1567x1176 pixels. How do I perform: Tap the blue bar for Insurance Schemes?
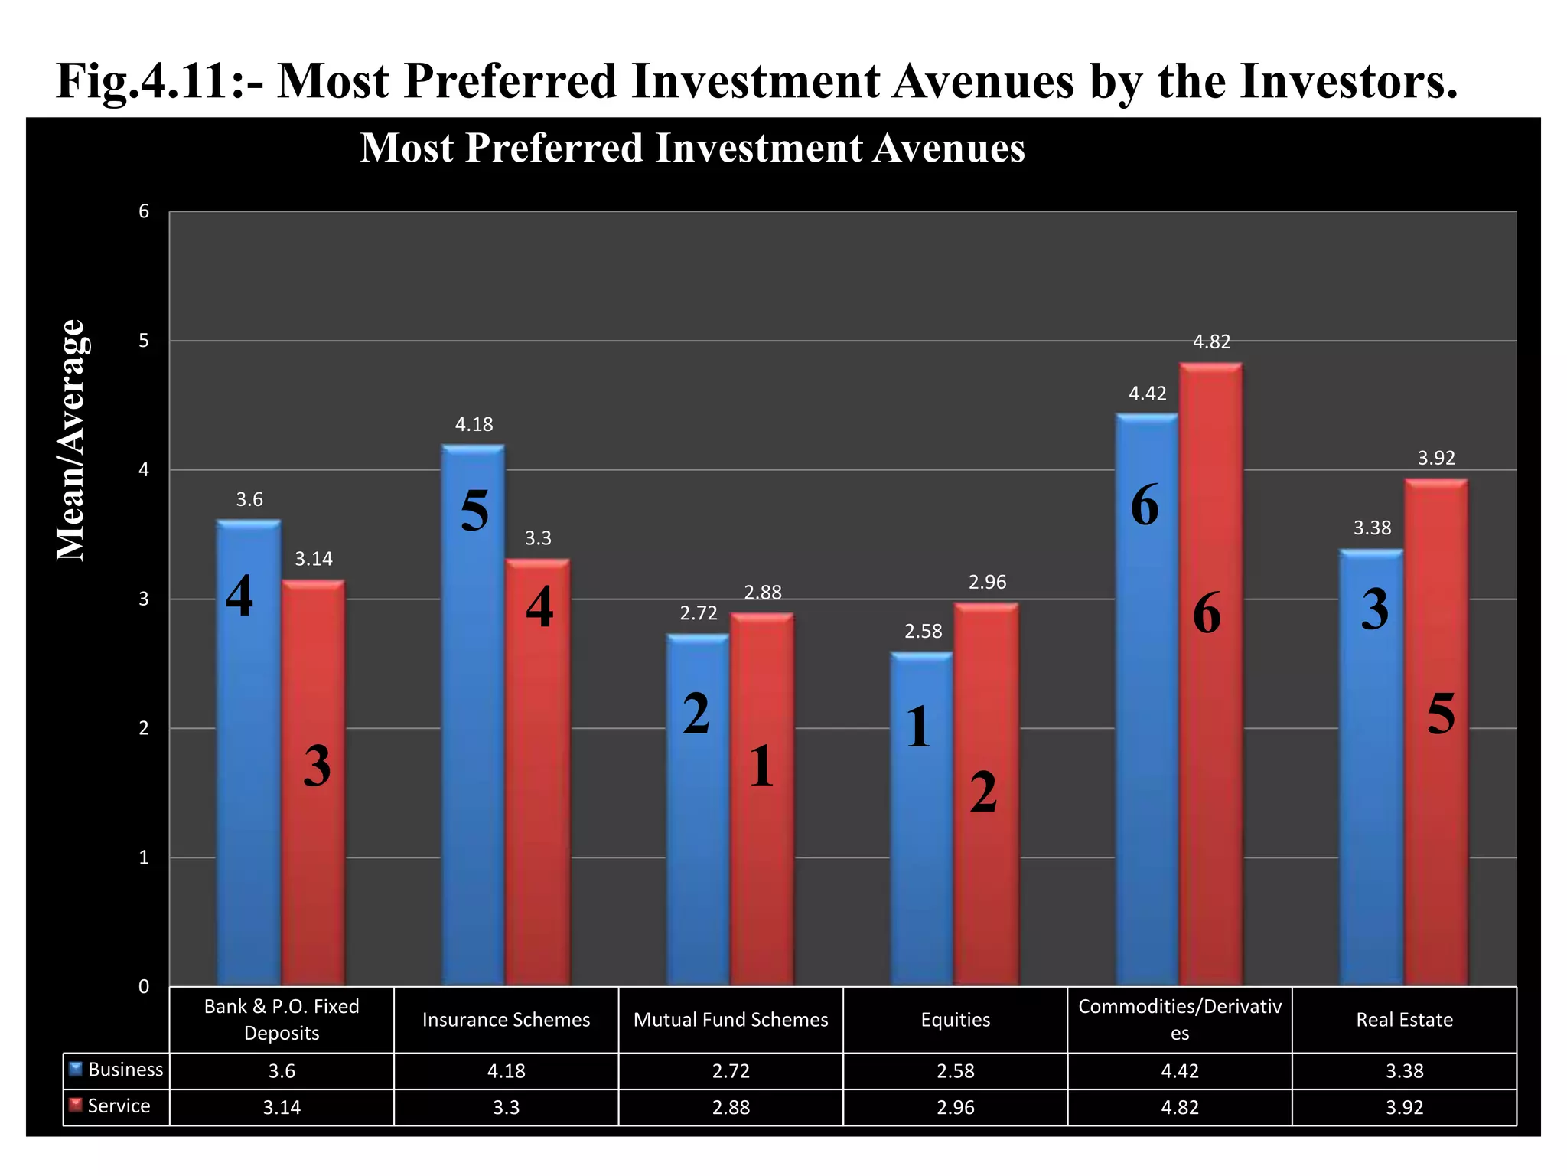tap(473, 727)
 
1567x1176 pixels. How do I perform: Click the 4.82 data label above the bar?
tap(1212, 342)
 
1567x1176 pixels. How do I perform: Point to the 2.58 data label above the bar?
tap(923, 632)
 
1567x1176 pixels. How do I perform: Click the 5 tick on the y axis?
tap(144, 341)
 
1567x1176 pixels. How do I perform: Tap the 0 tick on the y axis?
tap(144, 987)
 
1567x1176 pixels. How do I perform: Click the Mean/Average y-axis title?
tap(71, 440)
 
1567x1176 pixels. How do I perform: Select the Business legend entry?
tap(116, 1070)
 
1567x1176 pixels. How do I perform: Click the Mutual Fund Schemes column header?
tap(731, 1020)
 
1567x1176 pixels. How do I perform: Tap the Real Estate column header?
tap(1404, 1020)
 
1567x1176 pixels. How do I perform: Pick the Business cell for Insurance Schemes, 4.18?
tap(506, 1071)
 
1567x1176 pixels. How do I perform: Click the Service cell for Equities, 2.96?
tap(955, 1108)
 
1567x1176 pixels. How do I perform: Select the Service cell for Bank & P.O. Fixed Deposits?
tap(282, 1108)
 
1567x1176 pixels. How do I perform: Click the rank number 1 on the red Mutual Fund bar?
tap(761, 766)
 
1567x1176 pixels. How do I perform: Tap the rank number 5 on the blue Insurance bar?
tap(474, 511)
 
